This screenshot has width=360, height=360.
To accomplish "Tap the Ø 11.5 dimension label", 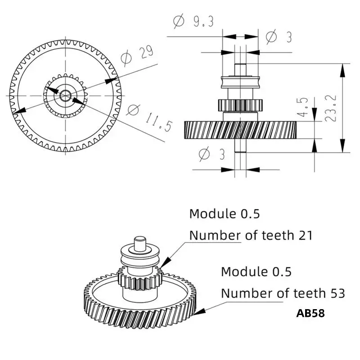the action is click(149, 118).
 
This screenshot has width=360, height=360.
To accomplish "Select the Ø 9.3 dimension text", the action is click(193, 21).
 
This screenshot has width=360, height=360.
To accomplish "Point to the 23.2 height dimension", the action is click(331, 108).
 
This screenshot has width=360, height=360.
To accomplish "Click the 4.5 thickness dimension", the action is click(302, 107).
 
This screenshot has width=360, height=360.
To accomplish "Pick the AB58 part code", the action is click(310, 313).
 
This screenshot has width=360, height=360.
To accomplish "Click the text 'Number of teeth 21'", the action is click(251, 235).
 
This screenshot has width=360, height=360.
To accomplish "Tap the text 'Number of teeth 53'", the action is click(283, 293).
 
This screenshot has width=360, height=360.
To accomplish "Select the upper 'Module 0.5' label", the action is click(224, 214).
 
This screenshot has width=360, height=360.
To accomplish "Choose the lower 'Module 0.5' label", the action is click(256, 272).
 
